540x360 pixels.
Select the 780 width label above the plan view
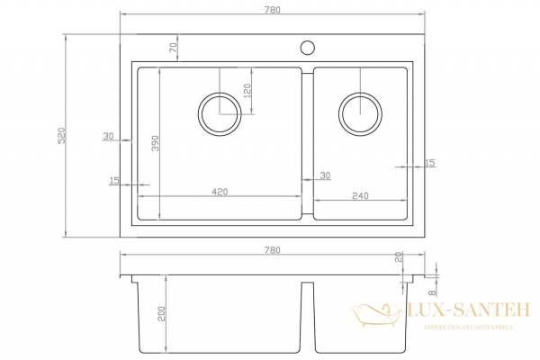coord(274,9)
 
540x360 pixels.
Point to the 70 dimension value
coord(173,48)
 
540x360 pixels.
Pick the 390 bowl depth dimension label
coord(155,145)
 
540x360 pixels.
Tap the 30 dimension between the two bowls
coord(324,175)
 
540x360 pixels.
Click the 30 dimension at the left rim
coord(109,136)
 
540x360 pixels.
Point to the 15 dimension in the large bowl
coord(114,181)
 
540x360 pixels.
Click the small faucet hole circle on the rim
coord(307,47)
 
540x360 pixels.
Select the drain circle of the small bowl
coord(359,112)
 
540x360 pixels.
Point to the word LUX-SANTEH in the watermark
coord(469,310)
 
